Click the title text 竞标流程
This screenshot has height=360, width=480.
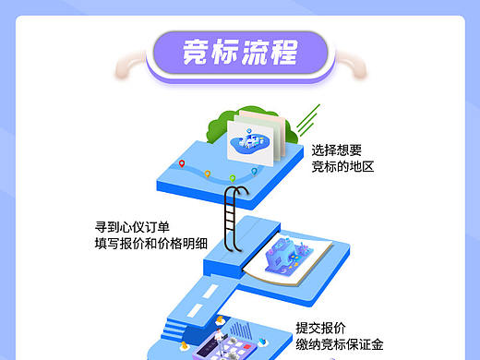click(239, 52)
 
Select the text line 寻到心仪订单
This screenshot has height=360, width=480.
click(132, 226)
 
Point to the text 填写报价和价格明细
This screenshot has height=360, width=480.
click(150, 244)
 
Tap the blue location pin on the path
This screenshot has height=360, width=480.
click(255, 173)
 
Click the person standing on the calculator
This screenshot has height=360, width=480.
click(221, 322)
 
